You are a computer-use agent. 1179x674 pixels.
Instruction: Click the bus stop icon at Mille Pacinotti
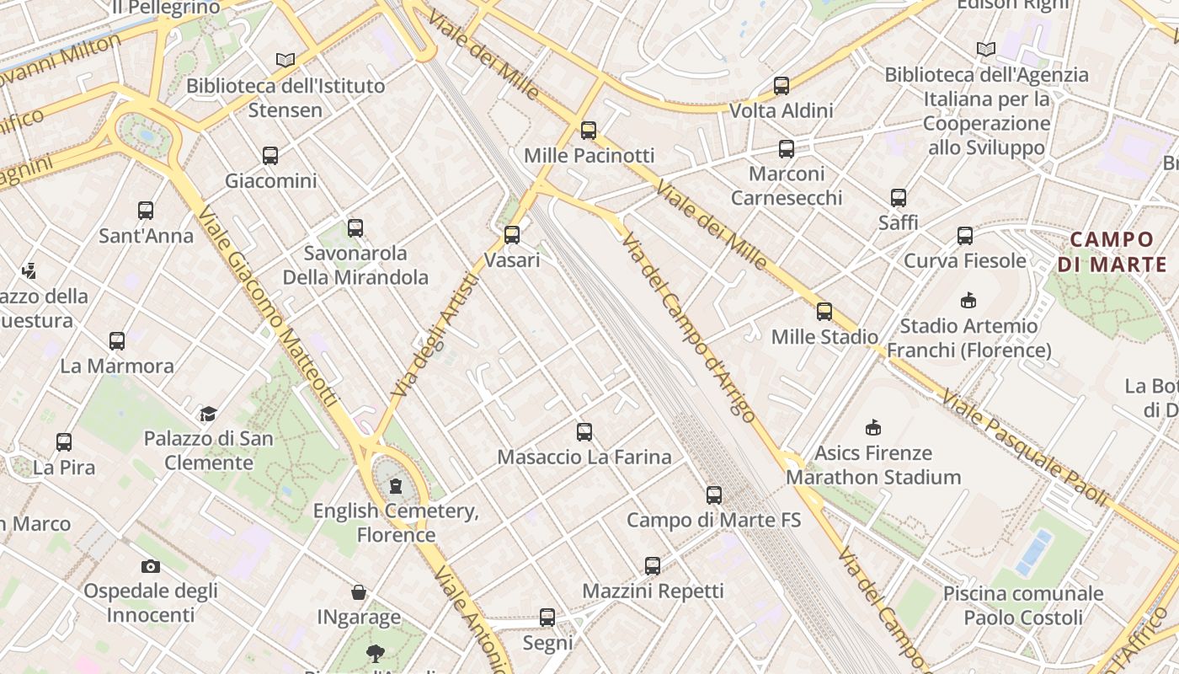click(589, 131)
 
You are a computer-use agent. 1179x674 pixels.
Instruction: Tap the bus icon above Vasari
click(512, 235)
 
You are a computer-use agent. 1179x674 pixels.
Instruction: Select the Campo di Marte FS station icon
click(714, 495)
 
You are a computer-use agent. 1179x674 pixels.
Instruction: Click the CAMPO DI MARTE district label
click(1112, 252)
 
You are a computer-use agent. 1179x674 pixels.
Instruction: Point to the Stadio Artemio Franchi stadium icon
click(968, 300)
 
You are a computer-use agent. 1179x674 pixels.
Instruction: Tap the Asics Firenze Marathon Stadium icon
click(873, 428)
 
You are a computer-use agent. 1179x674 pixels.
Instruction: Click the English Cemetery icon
click(396, 486)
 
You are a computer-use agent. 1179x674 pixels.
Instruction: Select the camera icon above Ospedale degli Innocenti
click(151, 566)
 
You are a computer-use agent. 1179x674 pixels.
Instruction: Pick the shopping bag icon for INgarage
click(359, 592)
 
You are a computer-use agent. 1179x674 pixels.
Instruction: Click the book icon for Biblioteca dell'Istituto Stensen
click(285, 61)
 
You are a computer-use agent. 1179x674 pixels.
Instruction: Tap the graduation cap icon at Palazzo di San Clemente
click(208, 414)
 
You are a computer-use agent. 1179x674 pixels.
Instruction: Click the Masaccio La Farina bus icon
click(584, 432)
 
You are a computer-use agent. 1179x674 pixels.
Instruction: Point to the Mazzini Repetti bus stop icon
click(653, 566)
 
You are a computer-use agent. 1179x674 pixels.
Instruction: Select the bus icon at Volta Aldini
click(782, 86)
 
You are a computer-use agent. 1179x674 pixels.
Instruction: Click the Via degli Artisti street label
click(436, 335)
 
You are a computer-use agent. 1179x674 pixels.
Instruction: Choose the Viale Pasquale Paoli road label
click(1023, 447)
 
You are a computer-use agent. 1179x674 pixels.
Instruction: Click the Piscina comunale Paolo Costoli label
click(1023, 605)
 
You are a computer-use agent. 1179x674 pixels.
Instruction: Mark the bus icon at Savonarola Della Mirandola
click(355, 228)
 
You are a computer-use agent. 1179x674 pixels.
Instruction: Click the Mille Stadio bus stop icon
click(824, 312)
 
